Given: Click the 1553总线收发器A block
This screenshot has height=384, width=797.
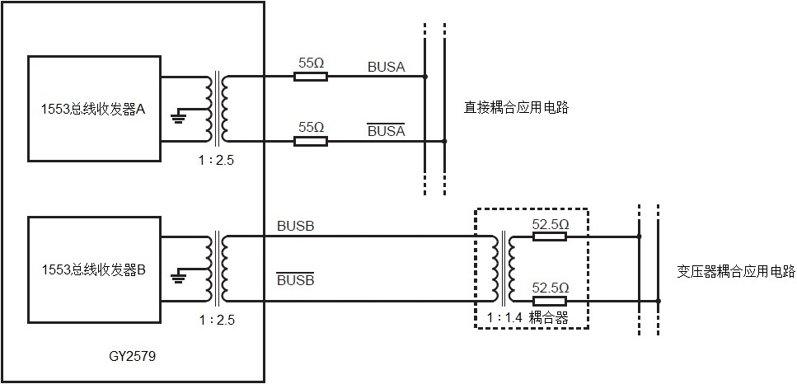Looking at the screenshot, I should coord(94,109).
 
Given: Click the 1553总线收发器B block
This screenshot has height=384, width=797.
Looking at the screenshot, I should coord(94,269).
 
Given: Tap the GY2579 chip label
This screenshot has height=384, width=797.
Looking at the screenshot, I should coord(133,358).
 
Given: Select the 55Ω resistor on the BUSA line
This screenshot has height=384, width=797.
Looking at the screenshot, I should coord(311,77).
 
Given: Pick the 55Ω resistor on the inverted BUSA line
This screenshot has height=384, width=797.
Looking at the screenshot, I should coord(311,141).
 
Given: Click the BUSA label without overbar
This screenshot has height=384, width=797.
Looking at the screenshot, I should coord(386,67).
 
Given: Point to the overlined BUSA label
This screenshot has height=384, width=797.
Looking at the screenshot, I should coord(386,131).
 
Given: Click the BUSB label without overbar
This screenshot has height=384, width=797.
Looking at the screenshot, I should coord(295,224).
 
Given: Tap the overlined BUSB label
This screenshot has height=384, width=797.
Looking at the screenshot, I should coord(295,281).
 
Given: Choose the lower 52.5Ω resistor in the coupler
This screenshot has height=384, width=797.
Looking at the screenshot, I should coord(550,301).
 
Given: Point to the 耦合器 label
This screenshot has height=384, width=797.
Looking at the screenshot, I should coord(550,316).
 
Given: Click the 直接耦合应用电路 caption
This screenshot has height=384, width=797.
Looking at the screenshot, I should coord(517,107).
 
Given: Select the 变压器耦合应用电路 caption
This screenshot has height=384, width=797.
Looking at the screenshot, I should coord(736,269).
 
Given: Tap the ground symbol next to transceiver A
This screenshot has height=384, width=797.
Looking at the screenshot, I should coord(177,117).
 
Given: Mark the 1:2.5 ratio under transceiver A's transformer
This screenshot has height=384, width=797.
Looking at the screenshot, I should coord(218,161).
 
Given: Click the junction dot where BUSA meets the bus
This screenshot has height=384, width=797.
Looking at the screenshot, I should coord(425,77).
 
